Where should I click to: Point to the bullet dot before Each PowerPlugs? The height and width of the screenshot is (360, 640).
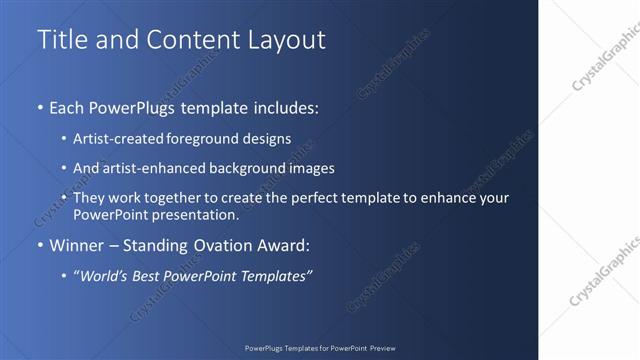[40, 106]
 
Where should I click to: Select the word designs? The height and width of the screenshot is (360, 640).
[266, 140]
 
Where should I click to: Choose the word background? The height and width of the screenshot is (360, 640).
[237, 169]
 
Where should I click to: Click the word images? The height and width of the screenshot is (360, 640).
[308, 169]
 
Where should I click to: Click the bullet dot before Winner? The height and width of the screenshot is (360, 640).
[40, 245]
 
